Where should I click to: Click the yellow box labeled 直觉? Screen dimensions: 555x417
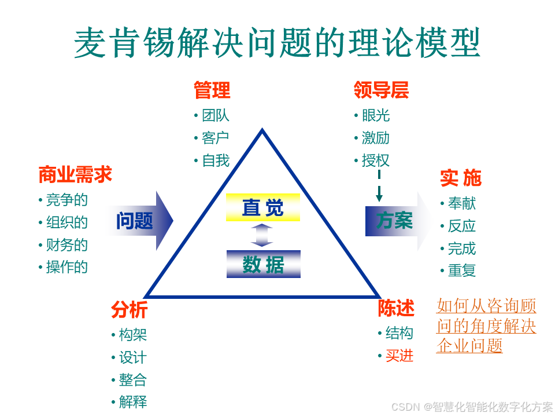[263, 207]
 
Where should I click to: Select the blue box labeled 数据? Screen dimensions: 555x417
[263, 264]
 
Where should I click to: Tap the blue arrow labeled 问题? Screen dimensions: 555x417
[139, 221]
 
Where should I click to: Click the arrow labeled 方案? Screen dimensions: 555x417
[393, 221]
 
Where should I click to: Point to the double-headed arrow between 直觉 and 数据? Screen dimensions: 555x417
[262, 235]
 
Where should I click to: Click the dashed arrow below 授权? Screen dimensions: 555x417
[379, 186]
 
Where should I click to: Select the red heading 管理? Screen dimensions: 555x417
[212, 90]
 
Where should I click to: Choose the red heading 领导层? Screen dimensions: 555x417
[381, 90]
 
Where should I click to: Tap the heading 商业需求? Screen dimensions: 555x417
[75, 174]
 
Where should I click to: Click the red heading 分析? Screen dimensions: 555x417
[129, 310]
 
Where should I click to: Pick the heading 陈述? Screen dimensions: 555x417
[396, 309]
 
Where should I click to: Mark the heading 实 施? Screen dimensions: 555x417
[460, 178]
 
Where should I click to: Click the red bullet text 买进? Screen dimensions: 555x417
[399, 356]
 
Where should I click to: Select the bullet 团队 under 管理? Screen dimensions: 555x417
[215, 115]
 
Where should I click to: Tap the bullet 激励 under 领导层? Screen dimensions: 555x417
[376, 138]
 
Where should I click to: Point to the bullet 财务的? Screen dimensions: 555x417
[67, 244]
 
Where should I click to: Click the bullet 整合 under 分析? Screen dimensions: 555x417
[133, 380]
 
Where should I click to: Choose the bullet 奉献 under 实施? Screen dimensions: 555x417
[462, 203]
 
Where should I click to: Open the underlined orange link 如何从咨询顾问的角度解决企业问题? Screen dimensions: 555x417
[486, 325]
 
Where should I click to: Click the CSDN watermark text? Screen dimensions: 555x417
[472, 407]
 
